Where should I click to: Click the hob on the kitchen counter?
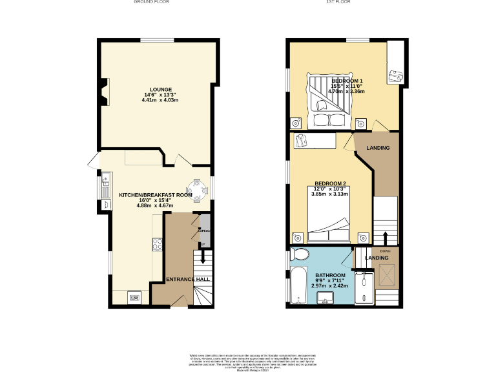tap(156, 243)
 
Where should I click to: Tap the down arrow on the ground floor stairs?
tap(204, 257)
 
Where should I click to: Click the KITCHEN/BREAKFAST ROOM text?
tap(156, 194)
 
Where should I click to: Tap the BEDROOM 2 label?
tap(330, 182)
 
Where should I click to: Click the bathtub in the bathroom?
tap(298, 287)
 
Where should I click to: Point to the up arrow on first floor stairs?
tap(386, 237)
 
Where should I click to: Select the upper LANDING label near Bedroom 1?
tap(378, 149)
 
